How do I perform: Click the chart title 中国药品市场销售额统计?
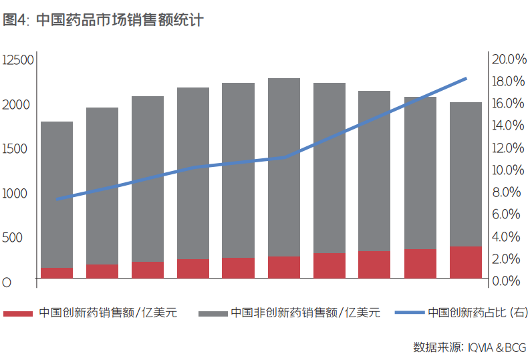[x=118, y=20]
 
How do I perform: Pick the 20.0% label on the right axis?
[x=509, y=59]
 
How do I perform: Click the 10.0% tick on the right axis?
[x=509, y=170]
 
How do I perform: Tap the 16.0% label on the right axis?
[x=509, y=104]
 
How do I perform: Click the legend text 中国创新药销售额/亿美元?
[x=108, y=313]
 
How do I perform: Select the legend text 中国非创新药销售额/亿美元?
[x=305, y=313]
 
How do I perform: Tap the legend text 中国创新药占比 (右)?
[x=476, y=313]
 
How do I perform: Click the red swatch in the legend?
[x=18, y=313]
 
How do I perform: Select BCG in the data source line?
[x=515, y=347]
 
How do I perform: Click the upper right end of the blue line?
[x=466, y=79]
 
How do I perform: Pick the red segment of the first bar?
[x=57, y=273]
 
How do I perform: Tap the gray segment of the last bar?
[x=466, y=174]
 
